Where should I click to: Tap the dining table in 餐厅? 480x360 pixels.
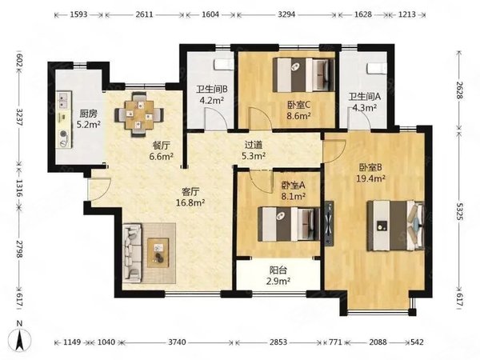pyautogui.click(x=139, y=114)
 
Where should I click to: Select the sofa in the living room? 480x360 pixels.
pyautogui.click(x=132, y=253)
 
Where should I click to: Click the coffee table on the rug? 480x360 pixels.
pyautogui.click(x=158, y=253)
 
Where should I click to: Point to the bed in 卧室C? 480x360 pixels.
pyautogui.click(x=303, y=74)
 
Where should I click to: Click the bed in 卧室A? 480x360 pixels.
pyautogui.click(x=289, y=224)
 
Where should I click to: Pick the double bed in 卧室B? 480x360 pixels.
pyautogui.click(x=396, y=226)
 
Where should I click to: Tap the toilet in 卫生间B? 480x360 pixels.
pyautogui.click(x=224, y=65)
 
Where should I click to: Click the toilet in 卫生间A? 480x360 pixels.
pyautogui.click(x=377, y=68)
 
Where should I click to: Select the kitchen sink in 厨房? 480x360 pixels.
pyautogui.click(x=64, y=101)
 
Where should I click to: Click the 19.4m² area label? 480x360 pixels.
pyautogui.click(x=370, y=178)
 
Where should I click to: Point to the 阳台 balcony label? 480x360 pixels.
pyautogui.click(x=278, y=270)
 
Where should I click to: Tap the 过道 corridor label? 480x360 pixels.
pyautogui.click(x=254, y=145)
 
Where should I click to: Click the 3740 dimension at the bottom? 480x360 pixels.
pyautogui.click(x=177, y=342)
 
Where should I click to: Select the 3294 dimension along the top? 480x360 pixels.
pyautogui.click(x=286, y=14)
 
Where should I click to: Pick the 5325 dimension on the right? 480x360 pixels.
pyautogui.click(x=458, y=211)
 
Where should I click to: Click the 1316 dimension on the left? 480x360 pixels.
pyautogui.click(x=19, y=188)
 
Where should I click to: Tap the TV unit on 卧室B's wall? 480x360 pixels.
pyautogui.click(x=330, y=223)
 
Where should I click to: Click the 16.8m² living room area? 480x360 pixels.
pyautogui.click(x=190, y=202)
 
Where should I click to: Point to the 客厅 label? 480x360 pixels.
pyautogui.click(x=190, y=192)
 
